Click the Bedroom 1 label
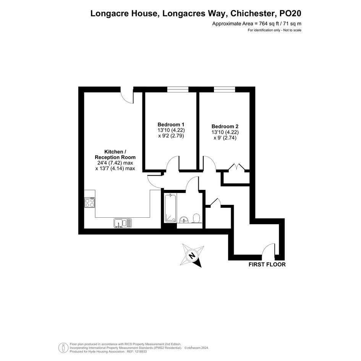[171, 125]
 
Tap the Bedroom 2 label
[225, 126]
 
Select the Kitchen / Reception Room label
[115, 154]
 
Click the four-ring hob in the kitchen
[89, 202]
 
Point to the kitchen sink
[123, 223]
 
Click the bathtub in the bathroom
[170, 208]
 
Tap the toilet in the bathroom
[196, 218]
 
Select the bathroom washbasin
[184, 220]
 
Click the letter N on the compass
[191, 255]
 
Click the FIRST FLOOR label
[267, 264]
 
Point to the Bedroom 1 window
[178, 89]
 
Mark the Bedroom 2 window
[225, 89]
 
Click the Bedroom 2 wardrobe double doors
[236, 167]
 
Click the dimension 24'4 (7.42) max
[115, 163]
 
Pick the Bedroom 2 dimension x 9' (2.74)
[225, 138]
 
